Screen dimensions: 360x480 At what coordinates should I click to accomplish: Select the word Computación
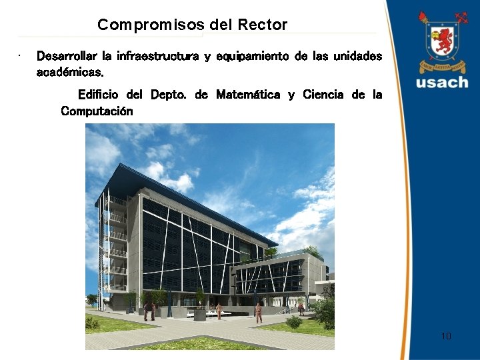[x=97, y=111]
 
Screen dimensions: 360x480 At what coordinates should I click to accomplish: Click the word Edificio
[x=101, y=95]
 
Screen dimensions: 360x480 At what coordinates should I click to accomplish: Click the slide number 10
[x=446, y=336]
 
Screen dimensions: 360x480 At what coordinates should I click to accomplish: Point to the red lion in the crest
[x=441, y=41]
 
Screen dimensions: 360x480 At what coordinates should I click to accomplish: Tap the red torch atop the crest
[x=423, y=17]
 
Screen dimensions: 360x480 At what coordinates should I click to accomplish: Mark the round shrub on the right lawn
[x=294, y=323]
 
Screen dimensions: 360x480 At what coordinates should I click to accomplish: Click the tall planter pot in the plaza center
[x=199, y=313]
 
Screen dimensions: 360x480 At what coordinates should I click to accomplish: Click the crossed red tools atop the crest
[x=460, y=17]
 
